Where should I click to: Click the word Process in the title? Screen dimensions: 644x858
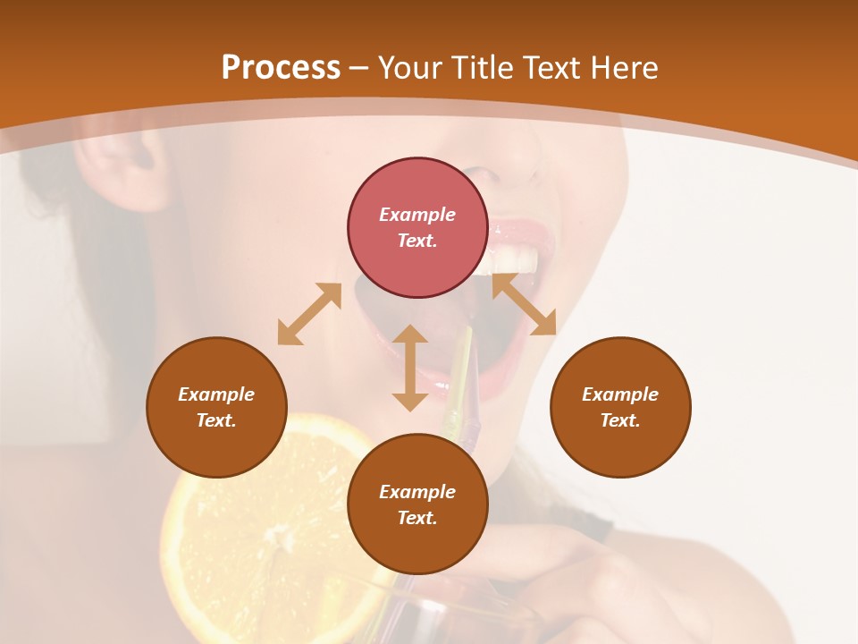click(281, 68)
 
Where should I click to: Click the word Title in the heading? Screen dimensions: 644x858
click(479, 68)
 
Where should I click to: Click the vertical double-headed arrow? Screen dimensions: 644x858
click(410, 368)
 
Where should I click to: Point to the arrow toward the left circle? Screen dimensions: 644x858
click(309, 314)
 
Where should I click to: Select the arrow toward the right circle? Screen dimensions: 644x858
click(525, 305)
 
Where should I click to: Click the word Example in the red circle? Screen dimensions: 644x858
click(417, 215)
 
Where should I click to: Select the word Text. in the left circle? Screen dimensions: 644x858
click(216, 420)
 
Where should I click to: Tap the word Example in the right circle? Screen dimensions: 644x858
click(620, 394)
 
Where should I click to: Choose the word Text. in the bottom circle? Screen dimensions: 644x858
click(417, 518)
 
